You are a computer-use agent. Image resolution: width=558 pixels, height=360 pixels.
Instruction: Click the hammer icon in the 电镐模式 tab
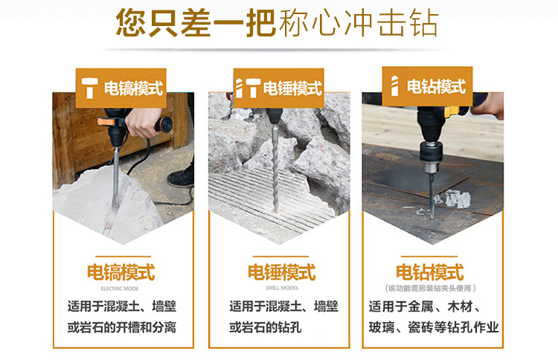(89, 88)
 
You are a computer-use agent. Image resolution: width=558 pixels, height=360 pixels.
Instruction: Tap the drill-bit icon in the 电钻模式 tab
(394, 86)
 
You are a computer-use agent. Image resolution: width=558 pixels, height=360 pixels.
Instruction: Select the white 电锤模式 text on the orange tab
(292, 89)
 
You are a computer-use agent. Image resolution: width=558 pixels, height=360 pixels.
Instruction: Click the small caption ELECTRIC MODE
(120, 289)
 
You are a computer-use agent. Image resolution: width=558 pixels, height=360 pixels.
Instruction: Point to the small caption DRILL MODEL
(282, 288)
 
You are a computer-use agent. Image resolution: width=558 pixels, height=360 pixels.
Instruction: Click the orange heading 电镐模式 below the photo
(121, 272)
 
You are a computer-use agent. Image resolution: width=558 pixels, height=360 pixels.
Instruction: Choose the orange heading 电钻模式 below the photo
(430, 272)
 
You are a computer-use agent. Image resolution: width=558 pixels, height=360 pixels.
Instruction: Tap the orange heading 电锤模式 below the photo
(281, 272)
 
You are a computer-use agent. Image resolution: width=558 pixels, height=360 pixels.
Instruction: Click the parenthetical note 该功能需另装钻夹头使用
(430, 288)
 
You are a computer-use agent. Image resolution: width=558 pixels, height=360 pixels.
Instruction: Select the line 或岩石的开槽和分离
(122, 327)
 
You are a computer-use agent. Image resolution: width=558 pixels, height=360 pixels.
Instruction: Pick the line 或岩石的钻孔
(265, 327)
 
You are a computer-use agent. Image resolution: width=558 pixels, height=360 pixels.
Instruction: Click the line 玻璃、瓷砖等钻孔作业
(434, 327)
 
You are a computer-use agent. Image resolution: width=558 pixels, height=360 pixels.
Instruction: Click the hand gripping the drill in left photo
(142, 123)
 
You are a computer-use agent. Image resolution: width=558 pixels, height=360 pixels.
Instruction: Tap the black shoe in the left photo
(181, 177)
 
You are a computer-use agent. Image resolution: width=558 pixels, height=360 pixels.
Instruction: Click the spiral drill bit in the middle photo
(275, 167)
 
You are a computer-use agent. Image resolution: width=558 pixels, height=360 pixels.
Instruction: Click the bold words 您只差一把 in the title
(196, 23)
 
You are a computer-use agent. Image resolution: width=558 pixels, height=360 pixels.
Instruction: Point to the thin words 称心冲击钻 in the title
(359, 23)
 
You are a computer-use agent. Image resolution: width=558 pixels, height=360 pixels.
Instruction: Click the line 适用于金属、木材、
(425, 306)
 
